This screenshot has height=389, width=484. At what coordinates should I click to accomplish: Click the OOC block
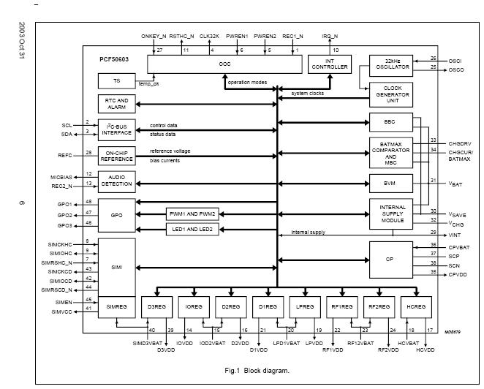tap(224, 64)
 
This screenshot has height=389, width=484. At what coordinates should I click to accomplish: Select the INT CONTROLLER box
tap(329, 64)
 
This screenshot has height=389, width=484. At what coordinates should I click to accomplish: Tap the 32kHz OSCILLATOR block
tap(392, 64)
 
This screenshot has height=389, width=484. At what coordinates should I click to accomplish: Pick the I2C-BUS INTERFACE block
tap(116, 129)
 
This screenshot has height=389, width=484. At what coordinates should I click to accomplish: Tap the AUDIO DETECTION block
tap(116, 181)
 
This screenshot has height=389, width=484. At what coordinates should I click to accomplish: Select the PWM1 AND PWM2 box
tap(191, 213)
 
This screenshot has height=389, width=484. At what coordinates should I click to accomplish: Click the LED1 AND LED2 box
tap(191, 229)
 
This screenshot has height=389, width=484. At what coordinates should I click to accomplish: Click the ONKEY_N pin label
tap(154, 36)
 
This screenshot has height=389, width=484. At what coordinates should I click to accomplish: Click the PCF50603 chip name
tap(116, 56)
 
